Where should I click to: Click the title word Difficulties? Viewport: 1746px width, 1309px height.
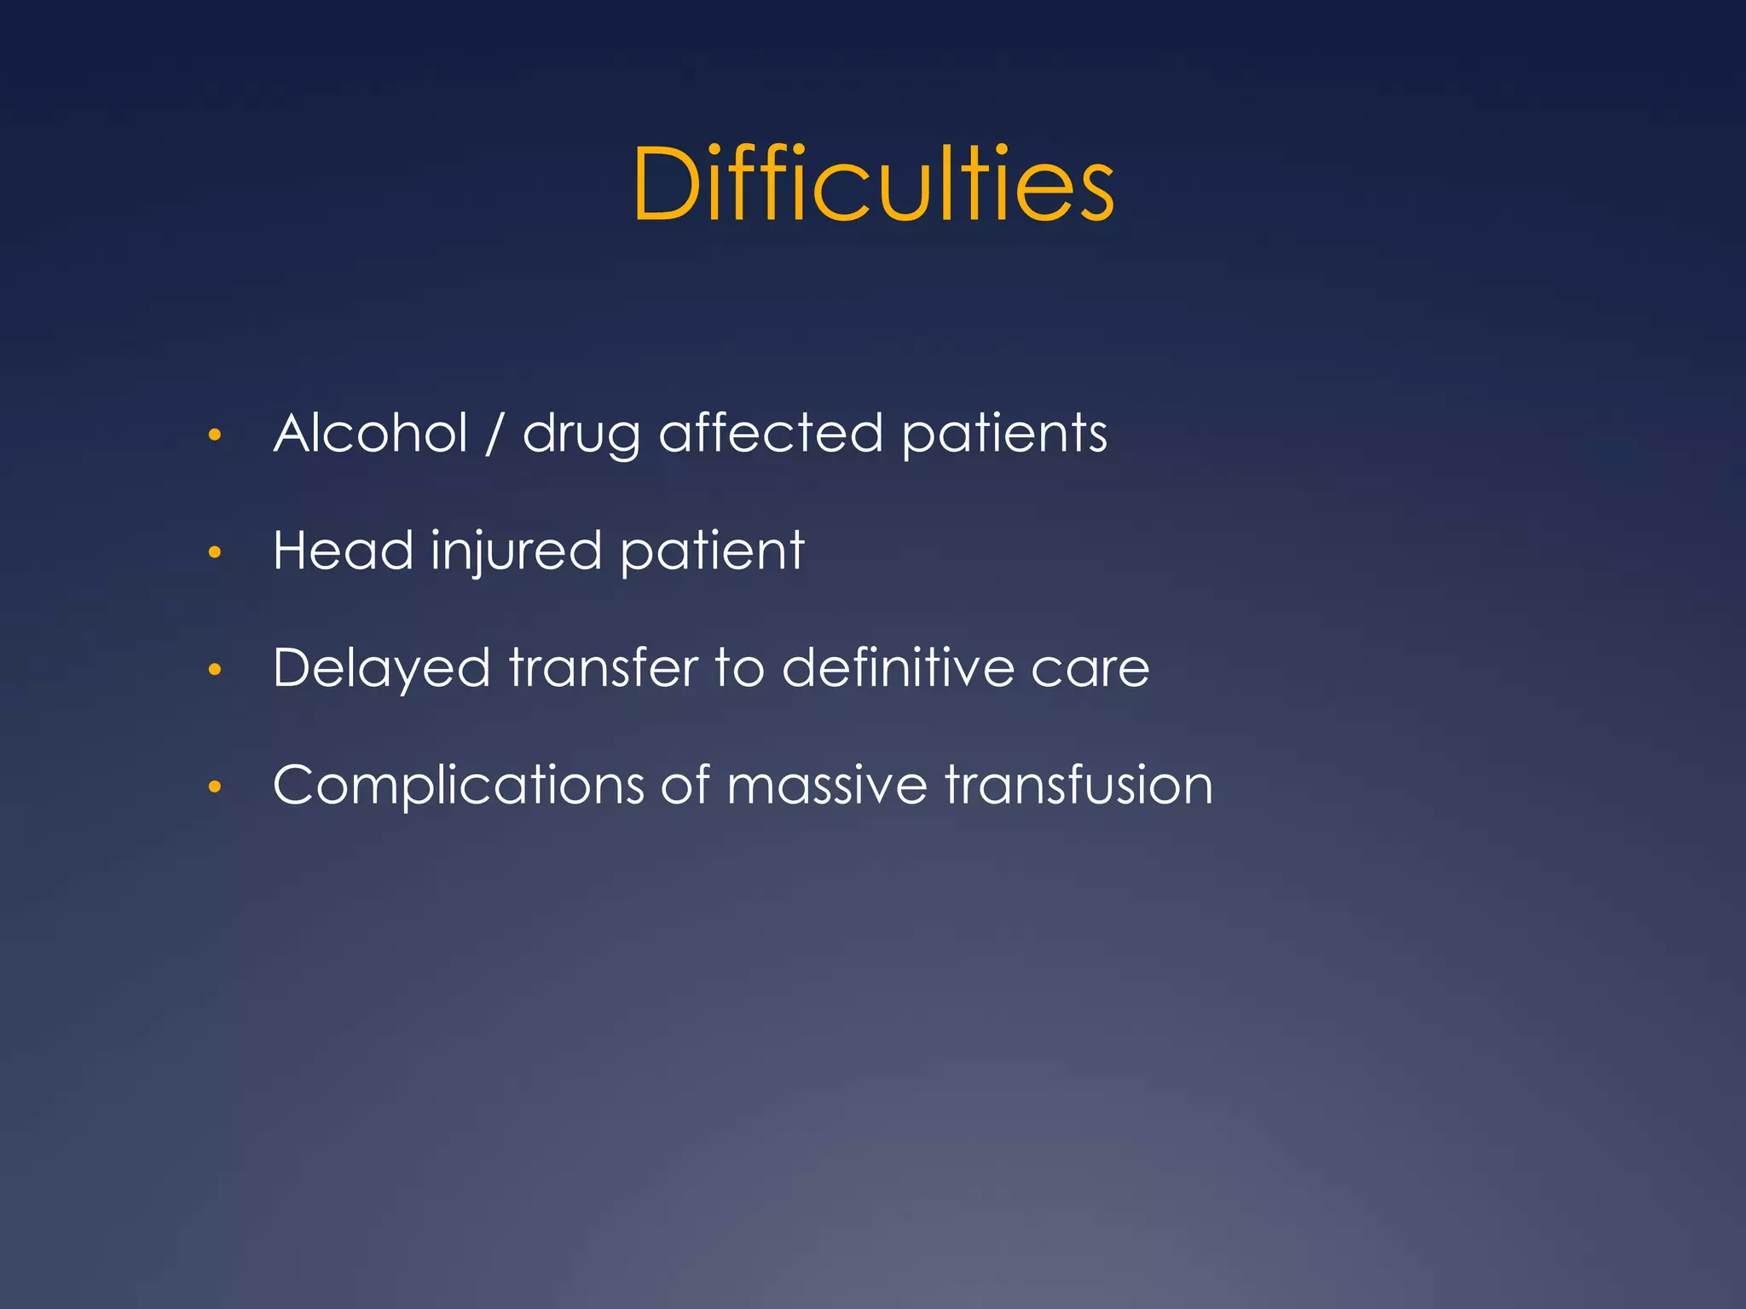(x=873, y=184)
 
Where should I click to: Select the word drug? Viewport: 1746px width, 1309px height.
(x=581, y=435)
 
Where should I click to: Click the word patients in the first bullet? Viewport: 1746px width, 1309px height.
(x=1004, y=435)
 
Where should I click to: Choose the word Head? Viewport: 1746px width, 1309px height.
(x=343, y=551)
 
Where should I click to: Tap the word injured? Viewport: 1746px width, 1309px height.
(x=517, y=552)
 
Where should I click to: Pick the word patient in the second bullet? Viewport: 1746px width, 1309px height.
(x=712, y=552)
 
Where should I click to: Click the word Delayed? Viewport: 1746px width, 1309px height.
(x=382, y=668)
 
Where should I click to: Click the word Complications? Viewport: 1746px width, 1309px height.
(x=459, y=786)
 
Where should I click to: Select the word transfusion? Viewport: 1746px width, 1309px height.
(x=1078, y=785)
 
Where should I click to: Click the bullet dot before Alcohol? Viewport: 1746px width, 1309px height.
(x=215, y=435)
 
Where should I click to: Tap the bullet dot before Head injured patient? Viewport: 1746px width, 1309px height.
(x=215, y=553)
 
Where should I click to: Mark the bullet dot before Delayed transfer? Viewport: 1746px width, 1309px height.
(x=215, y=670)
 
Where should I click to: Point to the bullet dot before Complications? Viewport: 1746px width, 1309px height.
(x=215, y=787)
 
